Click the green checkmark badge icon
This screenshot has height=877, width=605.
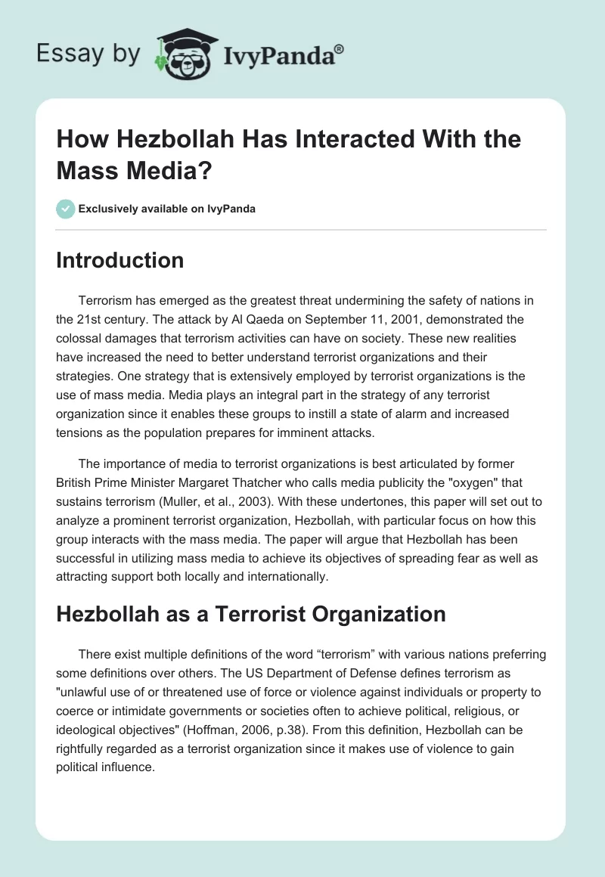pyautogui.click(x=66, y=209)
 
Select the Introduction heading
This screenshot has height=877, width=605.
pyautogui.click(x=120, y=261)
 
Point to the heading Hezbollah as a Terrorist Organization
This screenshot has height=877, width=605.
pyautogui.click(x=251, y=615)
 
